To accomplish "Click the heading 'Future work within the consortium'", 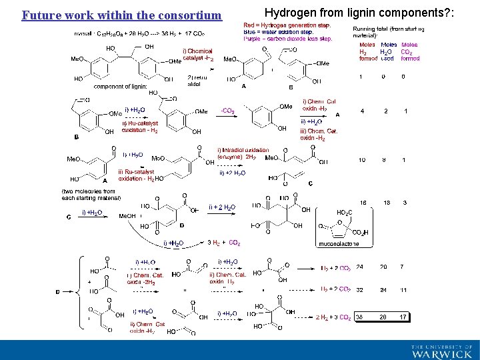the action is [x=121, y=15].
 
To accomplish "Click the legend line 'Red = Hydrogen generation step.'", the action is [x=287, y=25].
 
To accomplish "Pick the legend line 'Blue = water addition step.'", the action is [x=279, y=32].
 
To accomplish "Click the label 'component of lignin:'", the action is [x=120, y=86].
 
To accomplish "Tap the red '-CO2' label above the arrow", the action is [x=226, y=111].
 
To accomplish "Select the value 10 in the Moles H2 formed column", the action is [x=361, y=160].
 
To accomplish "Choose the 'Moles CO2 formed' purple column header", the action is [x=409, y=51].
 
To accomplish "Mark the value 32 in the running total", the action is [x=361, y=290].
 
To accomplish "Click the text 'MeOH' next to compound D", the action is [x=127, y=216].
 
